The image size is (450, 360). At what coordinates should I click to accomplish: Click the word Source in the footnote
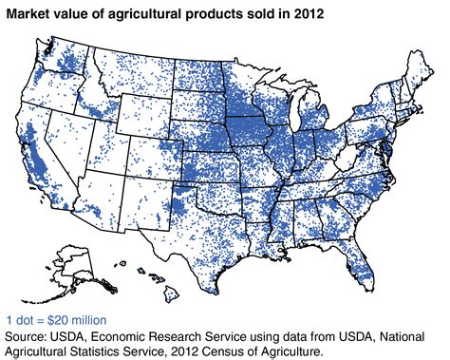pyautogui.click(x=29, y=334)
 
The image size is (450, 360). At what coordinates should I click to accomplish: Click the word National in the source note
pyautogui.click(x=407, y=334)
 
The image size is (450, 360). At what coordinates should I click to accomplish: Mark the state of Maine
pyautogui.click(x=419, y=67)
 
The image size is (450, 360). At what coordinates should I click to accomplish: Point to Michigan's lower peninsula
pyautogui.click(x=324, y=118)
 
